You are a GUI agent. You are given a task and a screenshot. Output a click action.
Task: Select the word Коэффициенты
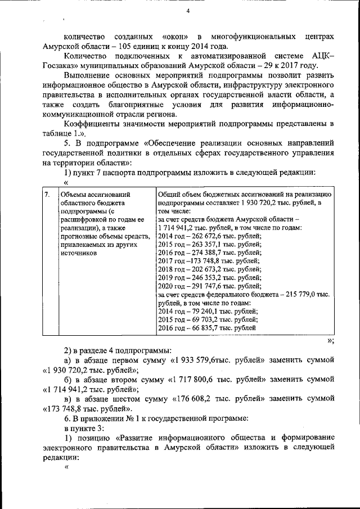point(91,124)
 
